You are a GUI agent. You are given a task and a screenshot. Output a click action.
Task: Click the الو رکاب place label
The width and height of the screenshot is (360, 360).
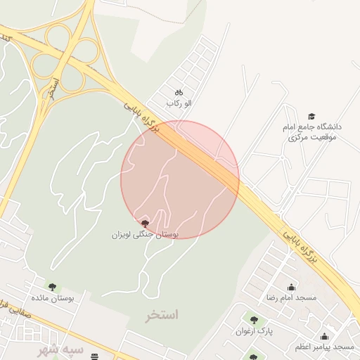(179, 103)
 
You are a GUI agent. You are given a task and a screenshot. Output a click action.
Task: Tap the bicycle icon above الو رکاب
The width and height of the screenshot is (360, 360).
(179, 91)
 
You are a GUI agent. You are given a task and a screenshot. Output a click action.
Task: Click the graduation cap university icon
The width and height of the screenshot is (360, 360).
(311, 117)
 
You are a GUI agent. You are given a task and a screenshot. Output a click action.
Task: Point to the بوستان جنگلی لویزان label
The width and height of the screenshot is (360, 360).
(145, 233)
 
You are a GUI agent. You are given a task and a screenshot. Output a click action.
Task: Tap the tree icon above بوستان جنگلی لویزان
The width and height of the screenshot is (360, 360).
(145, 223)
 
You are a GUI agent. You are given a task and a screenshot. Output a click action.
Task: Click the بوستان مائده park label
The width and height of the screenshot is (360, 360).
(53, 298)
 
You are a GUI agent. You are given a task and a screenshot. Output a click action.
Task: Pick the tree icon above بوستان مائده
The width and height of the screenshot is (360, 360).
(52, 286)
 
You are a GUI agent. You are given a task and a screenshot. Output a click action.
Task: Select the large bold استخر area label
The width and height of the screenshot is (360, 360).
(162, 314)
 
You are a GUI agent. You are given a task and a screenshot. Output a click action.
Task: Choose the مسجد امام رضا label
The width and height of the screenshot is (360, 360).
(291, 298)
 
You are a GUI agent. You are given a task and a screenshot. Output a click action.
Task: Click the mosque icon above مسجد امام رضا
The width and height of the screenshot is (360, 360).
(291, 287)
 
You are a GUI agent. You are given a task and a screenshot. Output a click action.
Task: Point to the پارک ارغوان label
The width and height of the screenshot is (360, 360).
(254, 330)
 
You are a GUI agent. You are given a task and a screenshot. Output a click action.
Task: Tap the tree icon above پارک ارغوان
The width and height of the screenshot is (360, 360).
(254, 320)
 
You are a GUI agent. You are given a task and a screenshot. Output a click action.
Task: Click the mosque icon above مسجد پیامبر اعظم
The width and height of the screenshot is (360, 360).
(324, 336)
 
